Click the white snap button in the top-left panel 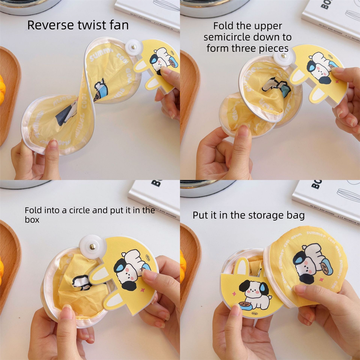point(132,45)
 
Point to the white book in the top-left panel point(148,11)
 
